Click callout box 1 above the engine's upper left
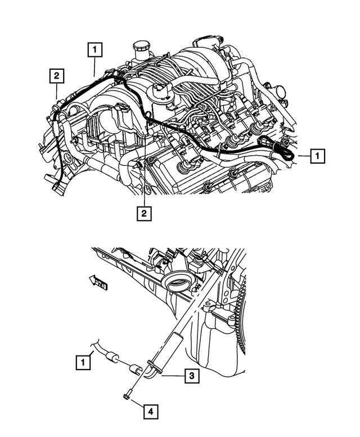[94, 51]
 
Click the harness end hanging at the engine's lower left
[57, 188]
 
